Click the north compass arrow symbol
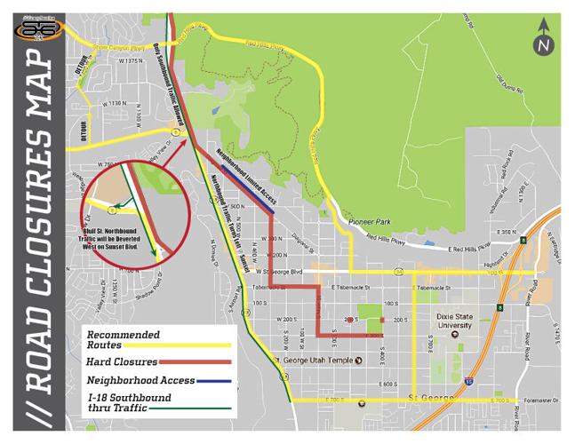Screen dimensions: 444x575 click(544, 43)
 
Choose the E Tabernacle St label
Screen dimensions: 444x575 click(349, 288)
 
